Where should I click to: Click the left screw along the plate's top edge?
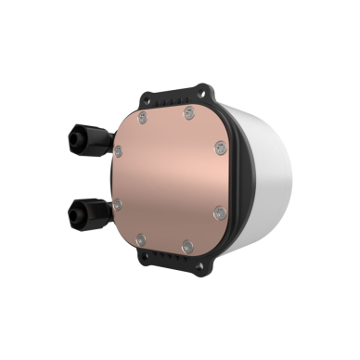(x=141, y=119)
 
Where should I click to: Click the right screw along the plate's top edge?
(x=189, y=113)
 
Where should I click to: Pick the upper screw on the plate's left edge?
(x=117, y=148)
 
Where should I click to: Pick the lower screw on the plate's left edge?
(x=117, y=205)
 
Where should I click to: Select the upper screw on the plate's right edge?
(x=220, y=147)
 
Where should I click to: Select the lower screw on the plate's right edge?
(x=219, y=213)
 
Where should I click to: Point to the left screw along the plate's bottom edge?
(x=139, y=238)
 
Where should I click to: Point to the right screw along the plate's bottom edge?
(x=186, y=247)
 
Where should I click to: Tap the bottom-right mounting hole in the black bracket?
(x=201, y=270)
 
